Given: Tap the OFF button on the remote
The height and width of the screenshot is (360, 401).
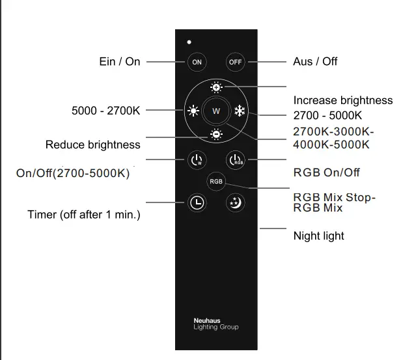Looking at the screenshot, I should coord(235,62).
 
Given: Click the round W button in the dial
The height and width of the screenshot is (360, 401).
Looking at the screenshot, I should coord(216,111).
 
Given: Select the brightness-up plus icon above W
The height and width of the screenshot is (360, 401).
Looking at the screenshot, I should coord(216,87).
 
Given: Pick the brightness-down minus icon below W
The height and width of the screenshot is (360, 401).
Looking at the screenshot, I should coord(216,135).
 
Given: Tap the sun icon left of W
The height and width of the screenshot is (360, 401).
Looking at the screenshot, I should coord(193,111).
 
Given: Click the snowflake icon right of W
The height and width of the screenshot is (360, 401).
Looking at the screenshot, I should coord(240,111).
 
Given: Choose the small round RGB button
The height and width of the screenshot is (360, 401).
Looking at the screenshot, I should coord(215,182).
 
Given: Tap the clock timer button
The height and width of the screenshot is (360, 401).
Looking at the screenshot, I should coord(197,202).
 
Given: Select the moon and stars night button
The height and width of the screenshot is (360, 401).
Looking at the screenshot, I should coord(234,202).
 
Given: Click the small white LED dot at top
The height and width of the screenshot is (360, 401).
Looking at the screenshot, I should coord(189,42).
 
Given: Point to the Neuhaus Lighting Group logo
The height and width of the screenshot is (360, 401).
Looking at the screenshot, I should coord(215,324).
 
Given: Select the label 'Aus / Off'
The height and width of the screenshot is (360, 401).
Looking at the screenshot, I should coord(315,61).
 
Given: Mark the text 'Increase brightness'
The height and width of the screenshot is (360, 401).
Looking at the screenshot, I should coord(343,100).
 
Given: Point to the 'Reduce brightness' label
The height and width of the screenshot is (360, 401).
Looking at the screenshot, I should coord(92,145).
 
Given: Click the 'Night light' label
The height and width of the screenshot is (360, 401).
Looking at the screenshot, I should coord(319,236).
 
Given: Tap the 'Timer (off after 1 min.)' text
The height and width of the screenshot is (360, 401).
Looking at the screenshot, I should coord(84,214).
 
